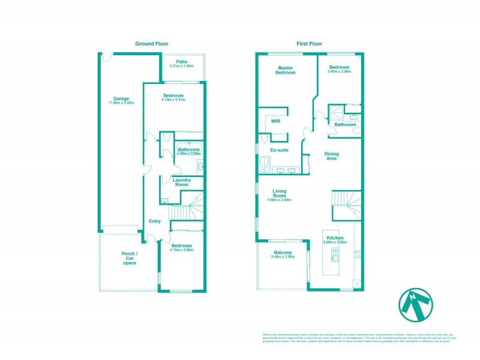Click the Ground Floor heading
click(151, 44)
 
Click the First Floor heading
click(310, 44)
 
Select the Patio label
click(182, 61)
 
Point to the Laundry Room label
click(181, 182)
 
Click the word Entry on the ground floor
click(155, 221)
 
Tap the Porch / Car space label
click(130, 258)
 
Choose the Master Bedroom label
click(286, 70)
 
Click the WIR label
click(275, 121)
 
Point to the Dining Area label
click(331, 156)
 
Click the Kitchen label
click(335, 238)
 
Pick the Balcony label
click(282, 253)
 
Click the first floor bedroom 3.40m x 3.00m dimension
click(340, 71)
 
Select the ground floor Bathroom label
click(188, 149)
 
